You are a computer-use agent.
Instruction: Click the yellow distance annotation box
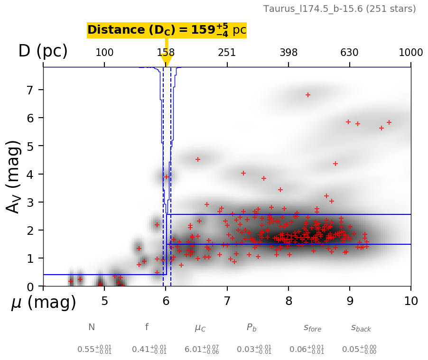coord(167,30)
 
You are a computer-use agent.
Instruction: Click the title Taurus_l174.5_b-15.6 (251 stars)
coord(339,9)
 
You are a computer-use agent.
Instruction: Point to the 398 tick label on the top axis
coord(288,53)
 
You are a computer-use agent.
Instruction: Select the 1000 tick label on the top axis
coord(411,53)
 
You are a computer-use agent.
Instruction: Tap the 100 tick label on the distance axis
coord(104,53)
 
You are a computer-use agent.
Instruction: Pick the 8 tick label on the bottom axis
coord(288,301)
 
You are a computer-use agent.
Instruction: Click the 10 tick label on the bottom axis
coord(411,301)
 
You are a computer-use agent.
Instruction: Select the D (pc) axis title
coord(43,51)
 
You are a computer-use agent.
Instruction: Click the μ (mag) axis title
coord(43,303)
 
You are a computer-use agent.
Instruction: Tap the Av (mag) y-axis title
coord(14,176)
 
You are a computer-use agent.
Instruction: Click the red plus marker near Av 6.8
coord(307,95)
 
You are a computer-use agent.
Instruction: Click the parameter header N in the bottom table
coord(92,327)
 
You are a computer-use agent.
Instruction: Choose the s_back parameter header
coord(361,328)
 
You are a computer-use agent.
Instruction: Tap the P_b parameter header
coord(251,328)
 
